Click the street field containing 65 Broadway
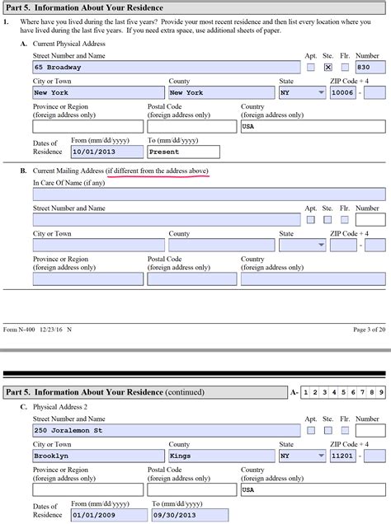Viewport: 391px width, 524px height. pos(166,68)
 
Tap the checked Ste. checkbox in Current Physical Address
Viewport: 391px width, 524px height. pos(327,68)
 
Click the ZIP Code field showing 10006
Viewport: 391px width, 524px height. pos(342,93)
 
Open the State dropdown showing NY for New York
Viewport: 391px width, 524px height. pos(302,93)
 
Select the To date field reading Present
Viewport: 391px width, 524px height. pos(182,152)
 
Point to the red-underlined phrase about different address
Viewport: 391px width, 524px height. pos(157,170)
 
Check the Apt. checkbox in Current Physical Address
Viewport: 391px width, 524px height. pos(311,68)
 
